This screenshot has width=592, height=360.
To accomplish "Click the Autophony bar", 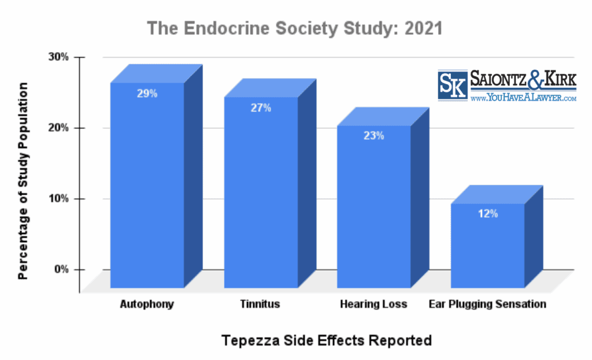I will click(147, 185).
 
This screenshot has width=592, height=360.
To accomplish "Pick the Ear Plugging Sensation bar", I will click(487, 246).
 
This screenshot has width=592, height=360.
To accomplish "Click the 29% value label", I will click(147, 93).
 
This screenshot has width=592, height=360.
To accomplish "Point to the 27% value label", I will click(261, 107).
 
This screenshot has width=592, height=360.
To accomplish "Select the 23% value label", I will click(374, 136).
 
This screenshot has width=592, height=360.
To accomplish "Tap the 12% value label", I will click(487, 214).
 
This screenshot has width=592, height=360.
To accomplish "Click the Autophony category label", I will click(147, 304).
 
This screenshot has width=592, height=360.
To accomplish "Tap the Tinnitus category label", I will click(261, 304).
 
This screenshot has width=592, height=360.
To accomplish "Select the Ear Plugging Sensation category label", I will click(487, 304).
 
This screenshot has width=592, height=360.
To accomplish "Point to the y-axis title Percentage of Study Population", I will click(23, 180).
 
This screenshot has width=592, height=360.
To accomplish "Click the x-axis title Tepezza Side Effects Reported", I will click(327, 340).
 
